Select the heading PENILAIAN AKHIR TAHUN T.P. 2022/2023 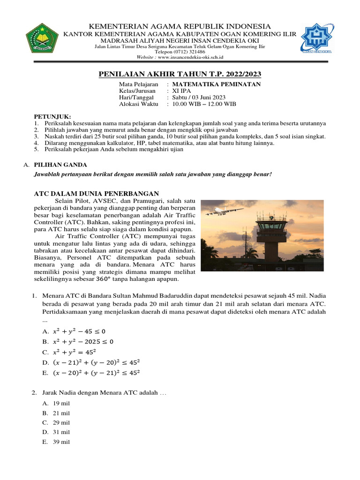(180, 74)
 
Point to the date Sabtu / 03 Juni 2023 (199, 97)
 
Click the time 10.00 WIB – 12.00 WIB (204, 104)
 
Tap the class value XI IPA (182, 90)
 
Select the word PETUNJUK (52, 116)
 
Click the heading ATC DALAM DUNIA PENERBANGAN (97, 194)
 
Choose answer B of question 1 (77, 341)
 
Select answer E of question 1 (91, 373)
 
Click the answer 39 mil (61, 442)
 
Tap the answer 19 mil (61, 403)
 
